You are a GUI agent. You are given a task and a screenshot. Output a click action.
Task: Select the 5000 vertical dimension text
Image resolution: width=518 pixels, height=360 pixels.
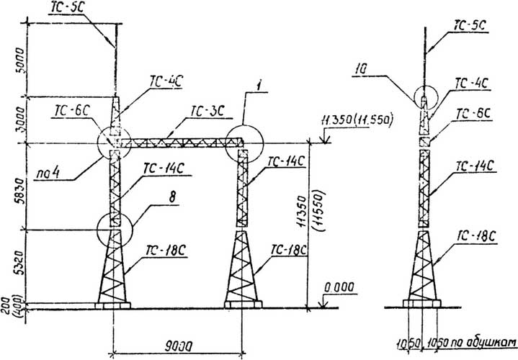[21, 60]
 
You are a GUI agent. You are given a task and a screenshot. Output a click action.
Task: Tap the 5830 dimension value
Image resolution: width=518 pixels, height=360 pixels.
[21, 188]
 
